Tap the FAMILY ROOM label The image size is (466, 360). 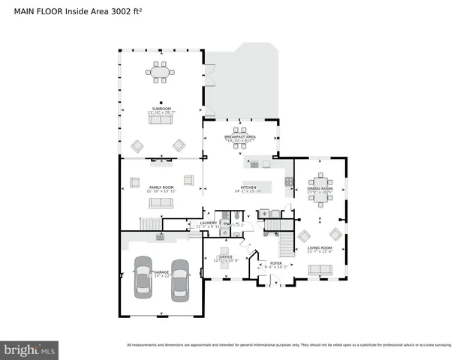coord(161,187)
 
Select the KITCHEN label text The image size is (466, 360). coord(248,187)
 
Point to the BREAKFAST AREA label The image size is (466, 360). coord(240,136)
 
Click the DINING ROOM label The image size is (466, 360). coord(320,187)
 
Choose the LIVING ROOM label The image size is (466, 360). coord(320,247)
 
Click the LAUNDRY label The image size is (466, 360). coord(209,223)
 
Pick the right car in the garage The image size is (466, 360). coord(180,279)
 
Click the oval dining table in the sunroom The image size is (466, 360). coord(160,72)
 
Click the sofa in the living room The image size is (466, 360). coord(320,269)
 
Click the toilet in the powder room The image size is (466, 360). coord(237,216)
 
